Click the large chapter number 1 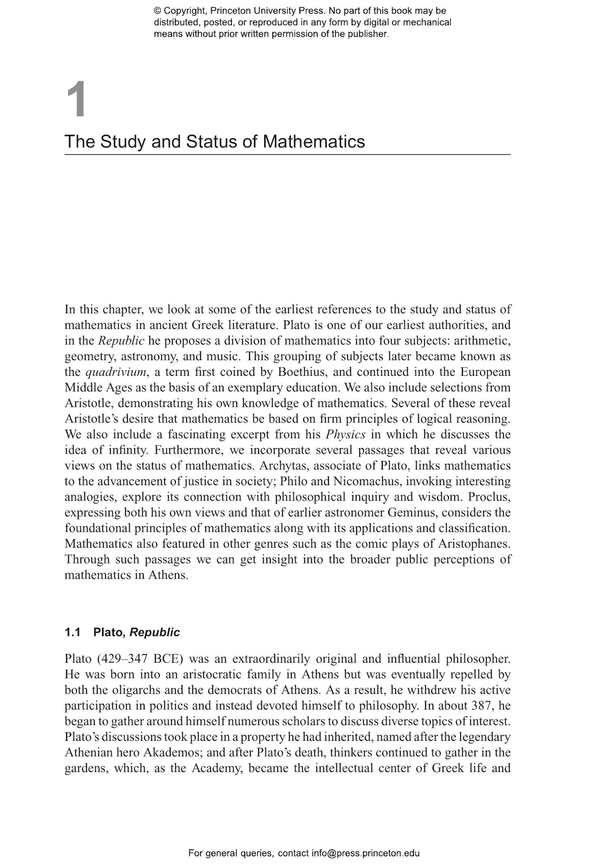pos(76,100)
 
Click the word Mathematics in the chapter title pos(314,142)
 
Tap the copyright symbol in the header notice pos(157,11)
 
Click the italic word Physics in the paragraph pos(345,434)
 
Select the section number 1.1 pos(72,632)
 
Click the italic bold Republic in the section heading pos(154,632)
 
